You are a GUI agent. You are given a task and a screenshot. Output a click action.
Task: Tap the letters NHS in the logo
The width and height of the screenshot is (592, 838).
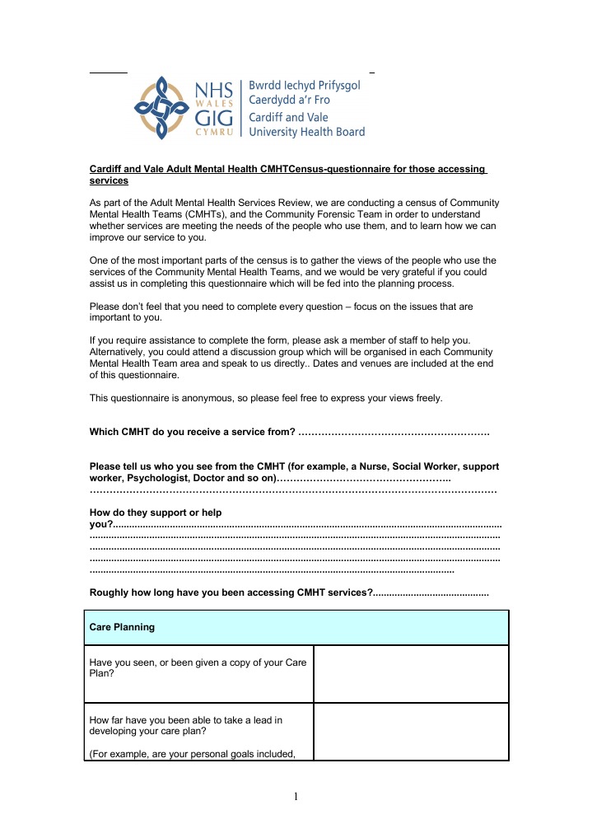tap(215, 89)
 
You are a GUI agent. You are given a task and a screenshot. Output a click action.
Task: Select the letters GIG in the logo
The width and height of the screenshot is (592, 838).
tap(215, 119)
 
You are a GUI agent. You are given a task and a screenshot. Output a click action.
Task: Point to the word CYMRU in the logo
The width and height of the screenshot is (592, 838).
tap(216, 134)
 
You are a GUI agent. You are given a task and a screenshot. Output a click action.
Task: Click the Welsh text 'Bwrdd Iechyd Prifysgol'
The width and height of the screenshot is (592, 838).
tap(305, 86)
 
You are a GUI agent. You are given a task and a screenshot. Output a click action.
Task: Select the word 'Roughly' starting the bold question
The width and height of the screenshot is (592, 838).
tap(109, 592)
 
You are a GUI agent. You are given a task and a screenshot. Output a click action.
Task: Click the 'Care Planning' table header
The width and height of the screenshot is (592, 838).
tap(122, 627)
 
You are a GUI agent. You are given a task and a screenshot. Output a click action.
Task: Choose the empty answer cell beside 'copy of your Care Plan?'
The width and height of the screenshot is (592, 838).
tap(411, 674)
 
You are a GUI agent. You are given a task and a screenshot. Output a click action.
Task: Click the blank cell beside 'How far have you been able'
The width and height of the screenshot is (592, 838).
tap(411, 732)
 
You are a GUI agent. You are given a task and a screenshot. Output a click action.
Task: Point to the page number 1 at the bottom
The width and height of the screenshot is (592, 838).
tap(296, 797)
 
